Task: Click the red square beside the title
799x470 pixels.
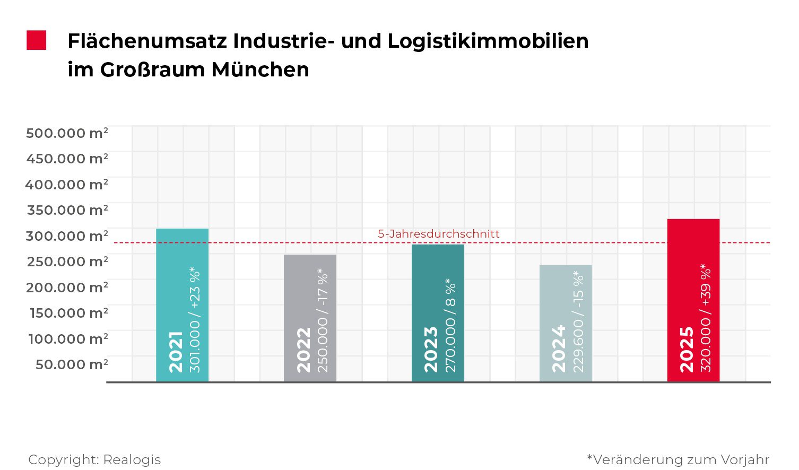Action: pos(37,40)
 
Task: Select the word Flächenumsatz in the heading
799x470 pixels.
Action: pos(147,41)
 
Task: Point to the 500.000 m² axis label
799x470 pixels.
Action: pos(67,133)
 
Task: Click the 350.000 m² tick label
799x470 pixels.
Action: pos(67,210)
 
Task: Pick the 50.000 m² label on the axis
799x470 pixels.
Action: pos(72,364)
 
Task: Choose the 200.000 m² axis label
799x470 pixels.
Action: pos(67,287)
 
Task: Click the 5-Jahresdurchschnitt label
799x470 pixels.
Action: pos(438,234)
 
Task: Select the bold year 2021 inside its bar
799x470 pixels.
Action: pos(175,352)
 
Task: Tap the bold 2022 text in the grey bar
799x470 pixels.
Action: pos(303,350)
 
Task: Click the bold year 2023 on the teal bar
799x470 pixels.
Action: pos(431,350)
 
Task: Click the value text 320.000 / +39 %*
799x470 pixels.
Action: pos(706,318)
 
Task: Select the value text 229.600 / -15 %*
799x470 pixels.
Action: pos(578,321)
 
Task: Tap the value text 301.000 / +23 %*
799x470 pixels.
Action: pos(195,320)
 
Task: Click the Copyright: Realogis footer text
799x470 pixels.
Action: pos(94,460)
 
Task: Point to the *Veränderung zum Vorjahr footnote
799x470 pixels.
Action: pos(678,460)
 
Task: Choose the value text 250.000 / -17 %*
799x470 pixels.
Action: pos(323,320)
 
